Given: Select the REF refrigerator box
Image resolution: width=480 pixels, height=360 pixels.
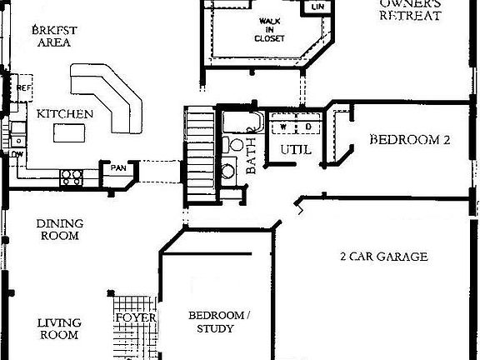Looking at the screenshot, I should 22,87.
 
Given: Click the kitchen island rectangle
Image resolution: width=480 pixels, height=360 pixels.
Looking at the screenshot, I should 72,132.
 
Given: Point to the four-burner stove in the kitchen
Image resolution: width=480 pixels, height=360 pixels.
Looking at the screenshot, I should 72,176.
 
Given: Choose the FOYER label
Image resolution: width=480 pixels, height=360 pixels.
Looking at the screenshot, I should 136,317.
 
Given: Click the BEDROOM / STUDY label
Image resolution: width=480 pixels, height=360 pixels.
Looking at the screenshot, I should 217,322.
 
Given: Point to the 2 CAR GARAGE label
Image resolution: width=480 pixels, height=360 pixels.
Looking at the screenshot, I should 384,257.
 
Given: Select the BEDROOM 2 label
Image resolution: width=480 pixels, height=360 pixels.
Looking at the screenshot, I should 409,140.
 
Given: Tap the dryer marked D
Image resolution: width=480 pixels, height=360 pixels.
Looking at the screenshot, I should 306,127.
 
